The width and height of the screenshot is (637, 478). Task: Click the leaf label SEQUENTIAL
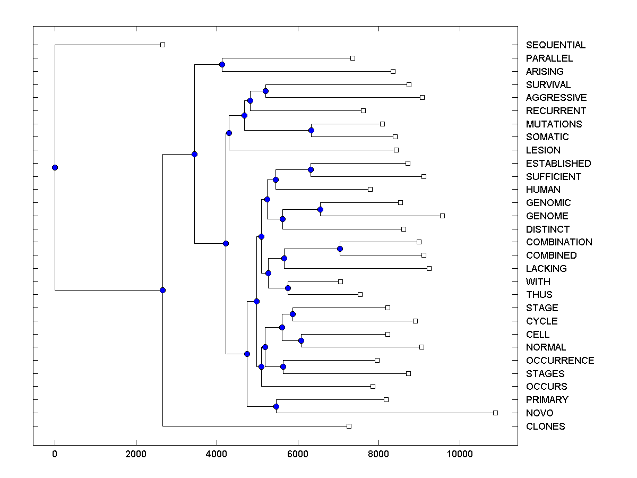(x=556, y=45)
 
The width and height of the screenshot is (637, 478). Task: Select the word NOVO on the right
(x=539, y=413)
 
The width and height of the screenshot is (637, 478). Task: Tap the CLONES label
(x=545, y=426)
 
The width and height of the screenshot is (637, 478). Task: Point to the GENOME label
(x=547, y=216)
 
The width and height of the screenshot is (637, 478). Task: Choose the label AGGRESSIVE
(x=556, y=98)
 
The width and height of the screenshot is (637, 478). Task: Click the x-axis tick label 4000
(x=217, y=454)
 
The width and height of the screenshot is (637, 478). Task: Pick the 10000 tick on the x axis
(x=460, y=454)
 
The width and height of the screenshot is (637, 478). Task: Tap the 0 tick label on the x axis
(x=55, y=454)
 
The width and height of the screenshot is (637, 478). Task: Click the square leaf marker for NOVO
(x=495, y=413)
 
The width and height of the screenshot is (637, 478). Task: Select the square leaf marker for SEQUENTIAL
(x=163, y=45)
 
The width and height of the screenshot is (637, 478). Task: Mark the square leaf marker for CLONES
(x=349, y=426)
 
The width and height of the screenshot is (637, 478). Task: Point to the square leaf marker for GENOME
(x=442, y=216)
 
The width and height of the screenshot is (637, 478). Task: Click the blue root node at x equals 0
(x=55, y=167)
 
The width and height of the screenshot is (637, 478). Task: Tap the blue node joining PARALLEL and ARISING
(x=222, y=65)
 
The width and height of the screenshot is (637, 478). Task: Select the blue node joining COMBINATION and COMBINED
(x=340, y=249)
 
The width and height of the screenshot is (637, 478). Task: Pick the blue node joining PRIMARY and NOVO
(x=276, y=406)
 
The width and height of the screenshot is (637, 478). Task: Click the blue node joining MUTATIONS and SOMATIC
(x=312, y=130)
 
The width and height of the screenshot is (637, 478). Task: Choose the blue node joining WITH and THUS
(x=288, y=288)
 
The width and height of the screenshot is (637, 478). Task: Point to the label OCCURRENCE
(x=560, y=361)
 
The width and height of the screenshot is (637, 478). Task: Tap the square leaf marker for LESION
(x=396, y=150)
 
